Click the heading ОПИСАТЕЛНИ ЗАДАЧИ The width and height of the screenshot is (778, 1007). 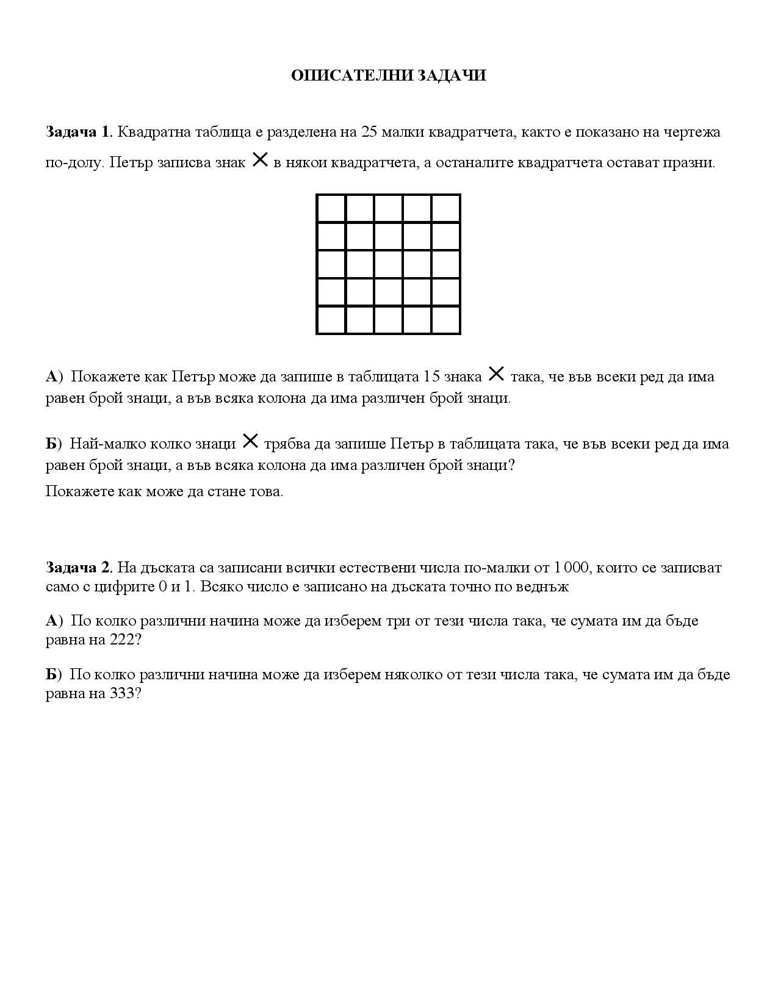tap(388, 76)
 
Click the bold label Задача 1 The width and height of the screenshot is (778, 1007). tap(78, 132)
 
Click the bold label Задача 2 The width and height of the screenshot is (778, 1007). tap(78, 568)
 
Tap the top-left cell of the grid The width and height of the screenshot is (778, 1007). tap(331, 209)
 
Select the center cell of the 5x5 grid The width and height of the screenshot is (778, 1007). tap(389, 264)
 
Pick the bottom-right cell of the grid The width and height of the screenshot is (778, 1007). tap(446, 320)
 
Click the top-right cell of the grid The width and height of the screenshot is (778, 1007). tap(446, 209)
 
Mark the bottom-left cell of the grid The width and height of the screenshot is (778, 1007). tap(331, 320)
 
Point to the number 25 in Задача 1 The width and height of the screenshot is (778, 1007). tap(370, 132)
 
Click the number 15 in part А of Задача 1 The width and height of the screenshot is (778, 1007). tap(431, 377)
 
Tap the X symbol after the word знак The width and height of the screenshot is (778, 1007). tap(260, 161)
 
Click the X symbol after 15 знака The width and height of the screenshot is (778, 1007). tap(496, 374)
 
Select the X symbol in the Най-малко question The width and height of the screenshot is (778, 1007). tap(250, 441)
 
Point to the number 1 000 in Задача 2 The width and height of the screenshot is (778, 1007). tap(571, 568)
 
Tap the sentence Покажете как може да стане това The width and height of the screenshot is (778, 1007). tap(164, 491)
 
